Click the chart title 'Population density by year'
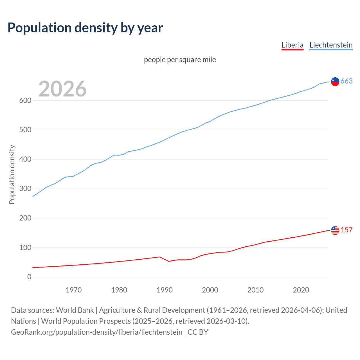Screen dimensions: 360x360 tap(85, 28)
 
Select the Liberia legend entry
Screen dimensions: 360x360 tap(292, 45)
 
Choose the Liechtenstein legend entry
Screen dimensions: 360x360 tap(331, 45)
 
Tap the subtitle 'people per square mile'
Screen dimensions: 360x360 tap(180, 60)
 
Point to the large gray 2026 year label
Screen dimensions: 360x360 tap(62, 89)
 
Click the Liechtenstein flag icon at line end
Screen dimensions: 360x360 tap(335, 82)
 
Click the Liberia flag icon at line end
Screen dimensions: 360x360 tap(335, 230)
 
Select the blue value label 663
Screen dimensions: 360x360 tap(346, 81)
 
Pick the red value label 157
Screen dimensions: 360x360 tap(346, 230)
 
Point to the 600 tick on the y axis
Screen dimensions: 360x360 tap(25, 100)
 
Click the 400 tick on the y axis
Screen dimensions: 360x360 tap(25, 159)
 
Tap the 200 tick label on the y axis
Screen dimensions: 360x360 tap(25, 218)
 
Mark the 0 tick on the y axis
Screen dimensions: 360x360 tap(29, 277)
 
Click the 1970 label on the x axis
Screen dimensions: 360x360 tap(74, 290)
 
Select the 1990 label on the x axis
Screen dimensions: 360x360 tap(165, 290)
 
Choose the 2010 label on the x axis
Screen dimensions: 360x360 tap(255, 290)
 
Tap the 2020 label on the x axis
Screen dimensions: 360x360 tap(301, 290)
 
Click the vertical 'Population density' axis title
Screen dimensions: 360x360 tap(12, 174)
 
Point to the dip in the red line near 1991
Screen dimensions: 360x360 tap(169, 261)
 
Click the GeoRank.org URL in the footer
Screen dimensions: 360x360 tap(97, 332)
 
